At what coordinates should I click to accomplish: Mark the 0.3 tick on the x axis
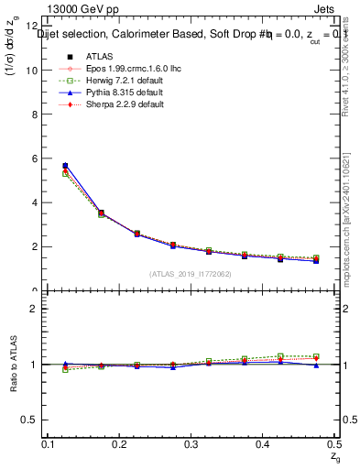(191, 443)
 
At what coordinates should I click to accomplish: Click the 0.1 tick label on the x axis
(49, 443)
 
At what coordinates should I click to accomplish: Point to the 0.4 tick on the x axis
(263, 443)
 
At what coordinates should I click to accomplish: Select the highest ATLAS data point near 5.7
(64, 166)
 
